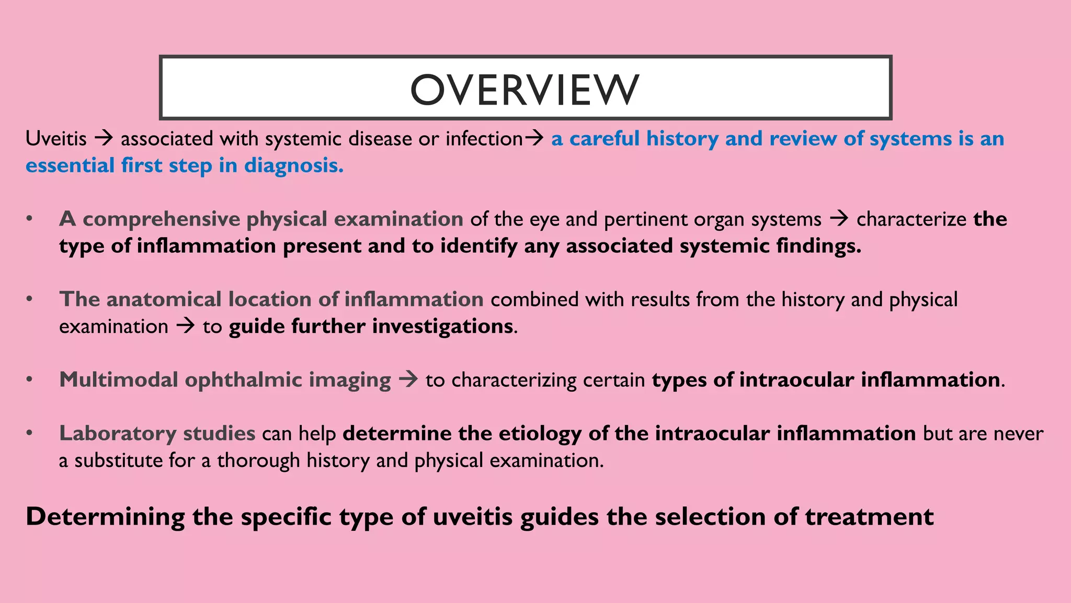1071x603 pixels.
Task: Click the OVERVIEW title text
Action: click(x=525, y=89)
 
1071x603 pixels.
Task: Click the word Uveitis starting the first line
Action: click(x=56, y=139)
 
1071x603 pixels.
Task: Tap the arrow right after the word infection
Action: click(x=534, y=139)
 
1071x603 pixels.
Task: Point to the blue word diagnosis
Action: click(x=294, y=166)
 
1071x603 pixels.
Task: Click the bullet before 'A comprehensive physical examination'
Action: click(x=30, y=219)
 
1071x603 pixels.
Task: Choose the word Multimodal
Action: click(x=119, y=380)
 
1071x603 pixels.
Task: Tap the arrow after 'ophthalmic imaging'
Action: click(x=408, y=379)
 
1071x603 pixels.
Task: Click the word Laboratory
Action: click(x=118, y=434)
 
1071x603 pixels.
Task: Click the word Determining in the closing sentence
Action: click(x=105, y=517)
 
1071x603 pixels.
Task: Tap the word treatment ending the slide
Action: click(x=869, y=517)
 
